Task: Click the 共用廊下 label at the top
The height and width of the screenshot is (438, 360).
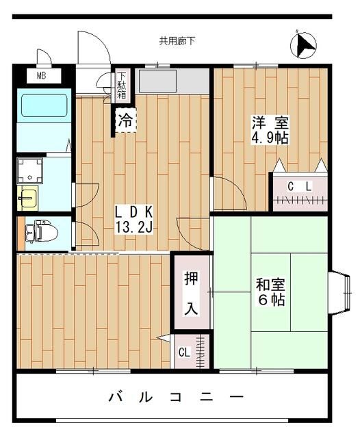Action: pyautogui.click(x=177, y=41)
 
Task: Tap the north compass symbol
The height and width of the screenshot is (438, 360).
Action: pyautogui.click(x=303, y=46)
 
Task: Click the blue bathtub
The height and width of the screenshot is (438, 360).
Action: pyautogui.click(x=42, y=107)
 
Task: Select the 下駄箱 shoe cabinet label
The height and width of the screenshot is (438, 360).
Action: pyautogui.click(x=121, y=86)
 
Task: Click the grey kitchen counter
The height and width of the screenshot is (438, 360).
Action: pyautogui.click(x=173, y=81)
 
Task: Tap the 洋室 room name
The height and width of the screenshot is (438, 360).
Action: pyautogui.click(x=270, y=123)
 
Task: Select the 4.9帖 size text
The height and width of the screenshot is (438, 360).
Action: pyautogui.click(x=270, y=138)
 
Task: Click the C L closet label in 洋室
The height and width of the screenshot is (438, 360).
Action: pyautogui.click(x=299, y=186)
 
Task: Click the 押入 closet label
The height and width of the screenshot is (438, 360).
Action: pyautogui.click(x=190, y=293)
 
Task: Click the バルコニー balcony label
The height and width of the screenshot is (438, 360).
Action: pyautogui.click(x=176, y=397)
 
